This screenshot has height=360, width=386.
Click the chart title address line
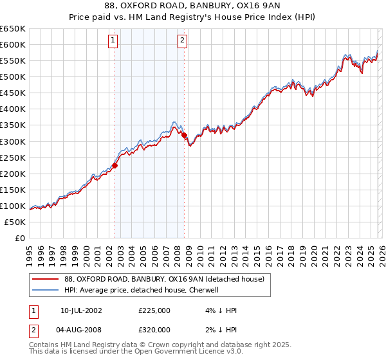point(193,6)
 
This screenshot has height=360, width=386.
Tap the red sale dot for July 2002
point(115,165)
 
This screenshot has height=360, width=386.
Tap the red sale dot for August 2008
point(184,135)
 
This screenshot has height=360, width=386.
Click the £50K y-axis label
point(14,222)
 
